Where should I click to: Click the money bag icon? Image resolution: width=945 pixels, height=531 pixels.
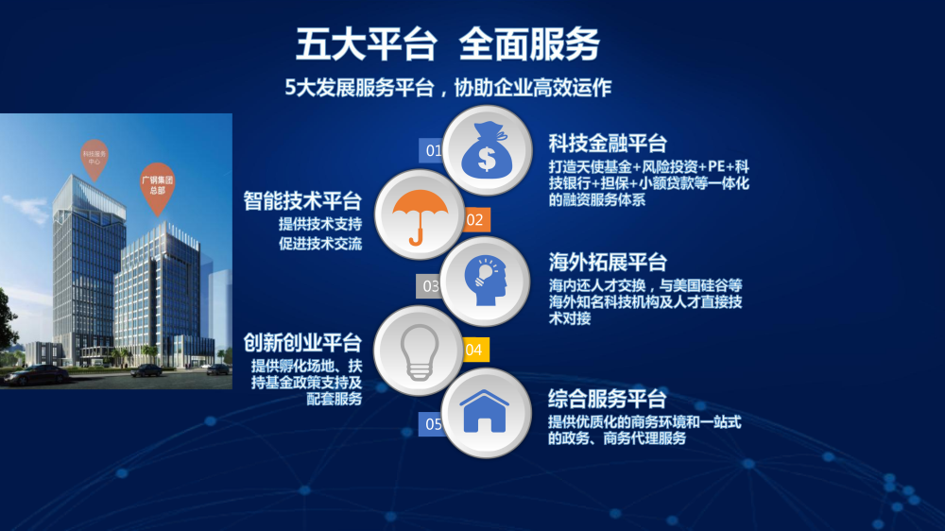coord(487,149)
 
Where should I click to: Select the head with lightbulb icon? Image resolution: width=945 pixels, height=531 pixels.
coord(485,281)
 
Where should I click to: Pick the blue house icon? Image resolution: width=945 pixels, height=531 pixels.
coord(484,411)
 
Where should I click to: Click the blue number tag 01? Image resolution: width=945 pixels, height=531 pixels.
coord(432,150)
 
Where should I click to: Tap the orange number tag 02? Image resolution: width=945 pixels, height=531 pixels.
coord(476,220)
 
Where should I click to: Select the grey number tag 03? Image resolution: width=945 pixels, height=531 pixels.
coord(429,286)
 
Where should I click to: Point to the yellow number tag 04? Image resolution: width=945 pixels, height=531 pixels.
coord(475,350)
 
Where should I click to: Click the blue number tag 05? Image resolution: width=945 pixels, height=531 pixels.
coord(432,424)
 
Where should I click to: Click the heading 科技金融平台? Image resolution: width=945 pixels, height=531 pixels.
coord(608,144)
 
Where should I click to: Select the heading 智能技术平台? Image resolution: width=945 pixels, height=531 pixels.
coord(302,200)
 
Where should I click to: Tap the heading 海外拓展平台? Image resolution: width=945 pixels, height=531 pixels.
coord(608,262)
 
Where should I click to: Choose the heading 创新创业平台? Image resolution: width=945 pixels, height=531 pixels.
coord(302,343)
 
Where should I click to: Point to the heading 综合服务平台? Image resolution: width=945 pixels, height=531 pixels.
coord(607,399)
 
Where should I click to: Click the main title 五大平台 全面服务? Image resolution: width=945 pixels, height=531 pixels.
coord(448,44)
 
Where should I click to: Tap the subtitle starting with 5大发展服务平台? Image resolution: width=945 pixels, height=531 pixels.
coord(448,88)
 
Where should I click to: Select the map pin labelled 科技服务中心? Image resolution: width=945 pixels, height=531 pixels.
coord(94,159)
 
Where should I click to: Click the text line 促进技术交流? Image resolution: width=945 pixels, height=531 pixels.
coord(320,244)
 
